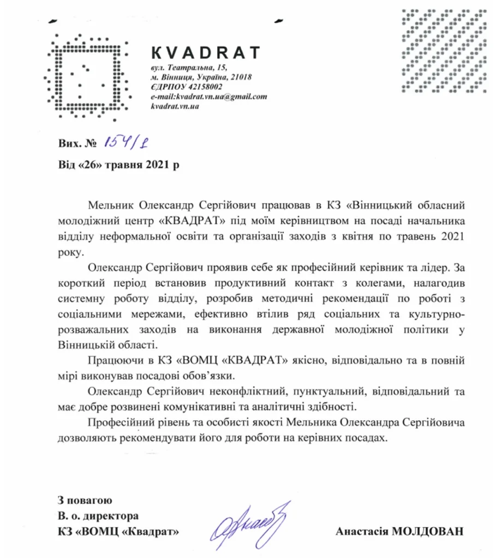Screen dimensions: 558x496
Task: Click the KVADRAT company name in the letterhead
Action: [205, 53]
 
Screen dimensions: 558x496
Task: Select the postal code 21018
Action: [240, 77]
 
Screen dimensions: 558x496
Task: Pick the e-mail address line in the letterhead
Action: [209, 96]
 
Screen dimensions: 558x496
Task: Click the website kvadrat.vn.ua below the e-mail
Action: [175, 106]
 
